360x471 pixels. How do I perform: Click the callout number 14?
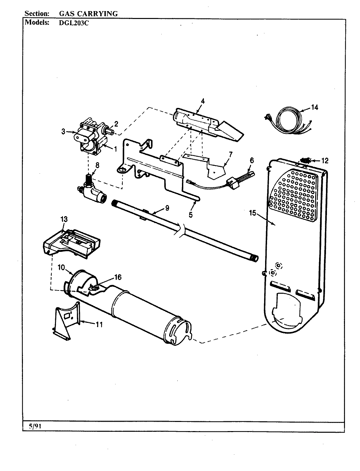(314, 107)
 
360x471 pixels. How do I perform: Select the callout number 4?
(203, 101)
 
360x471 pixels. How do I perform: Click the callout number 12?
(325, 161)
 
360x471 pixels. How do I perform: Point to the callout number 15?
(252, 213)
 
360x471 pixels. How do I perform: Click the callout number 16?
(117, 277)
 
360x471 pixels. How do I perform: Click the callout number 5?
(190, 215)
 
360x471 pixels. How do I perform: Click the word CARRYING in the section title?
(99, 13)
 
